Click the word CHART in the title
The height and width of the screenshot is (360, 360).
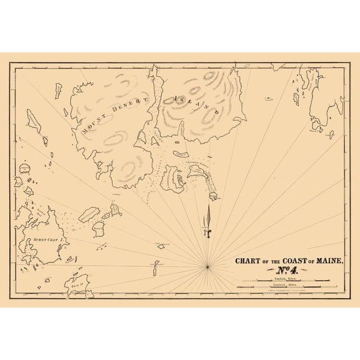[x=249, y=261]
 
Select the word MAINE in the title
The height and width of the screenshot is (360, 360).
[x=327, y=261]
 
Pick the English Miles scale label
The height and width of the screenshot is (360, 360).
[x=288, y=279]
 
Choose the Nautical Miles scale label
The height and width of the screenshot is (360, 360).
[x=288, y=284]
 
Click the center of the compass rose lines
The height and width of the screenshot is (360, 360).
[x=207, y=266]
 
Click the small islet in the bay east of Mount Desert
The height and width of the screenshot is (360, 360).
[x=214, y=197]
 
